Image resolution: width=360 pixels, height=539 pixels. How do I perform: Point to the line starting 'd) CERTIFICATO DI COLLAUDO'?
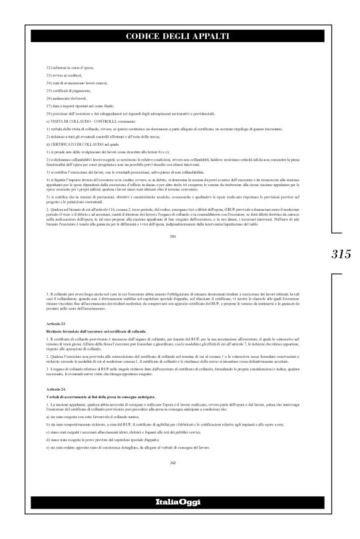tap(68, 154)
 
